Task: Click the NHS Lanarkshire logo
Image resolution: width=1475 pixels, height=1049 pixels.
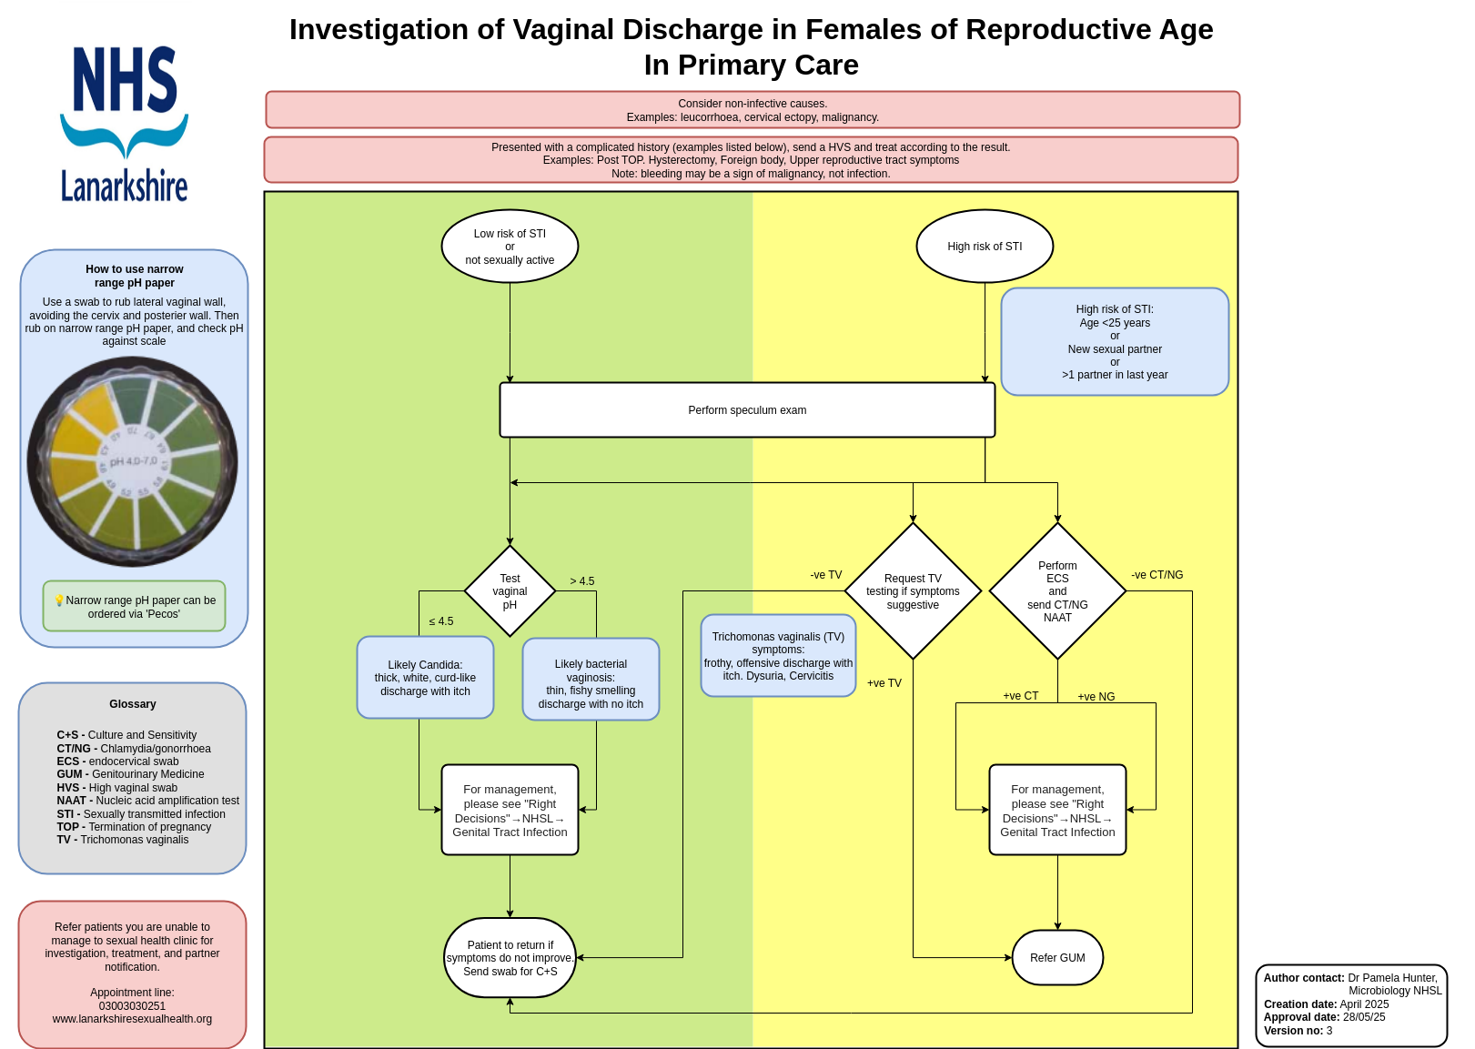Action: point(125,124)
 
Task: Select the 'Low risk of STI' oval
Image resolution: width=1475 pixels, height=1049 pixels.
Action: point(510,247)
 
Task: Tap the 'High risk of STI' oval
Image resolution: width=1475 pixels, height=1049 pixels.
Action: point(985,247)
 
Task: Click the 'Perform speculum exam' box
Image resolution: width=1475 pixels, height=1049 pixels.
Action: point(747,410)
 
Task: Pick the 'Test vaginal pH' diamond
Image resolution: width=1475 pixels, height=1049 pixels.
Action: point(510,591)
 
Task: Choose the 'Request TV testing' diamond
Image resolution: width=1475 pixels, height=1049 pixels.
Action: point(913,591)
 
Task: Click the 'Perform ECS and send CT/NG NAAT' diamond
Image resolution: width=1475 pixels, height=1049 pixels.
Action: point(1057,591)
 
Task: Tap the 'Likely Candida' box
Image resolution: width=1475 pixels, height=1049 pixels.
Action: point(425,678)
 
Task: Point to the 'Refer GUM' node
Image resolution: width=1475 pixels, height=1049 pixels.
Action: point(1057,958)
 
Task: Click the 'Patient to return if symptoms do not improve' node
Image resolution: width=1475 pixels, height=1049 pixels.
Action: point(510,958)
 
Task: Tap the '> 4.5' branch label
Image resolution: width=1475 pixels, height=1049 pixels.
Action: point(582,581)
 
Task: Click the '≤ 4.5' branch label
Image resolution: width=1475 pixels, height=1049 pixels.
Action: point(441,621)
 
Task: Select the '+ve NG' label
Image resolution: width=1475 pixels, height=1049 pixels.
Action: point(1096,697)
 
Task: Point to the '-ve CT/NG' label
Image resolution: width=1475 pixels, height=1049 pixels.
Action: point(1157,575)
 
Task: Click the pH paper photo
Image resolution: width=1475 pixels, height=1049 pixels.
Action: point(133,462)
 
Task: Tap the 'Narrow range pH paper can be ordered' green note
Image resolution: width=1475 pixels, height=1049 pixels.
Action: point(134,607)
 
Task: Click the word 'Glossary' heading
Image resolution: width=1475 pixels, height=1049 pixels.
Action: point(133,704)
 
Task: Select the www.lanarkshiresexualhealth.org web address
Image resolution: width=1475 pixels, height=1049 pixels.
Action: point(132,1019)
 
